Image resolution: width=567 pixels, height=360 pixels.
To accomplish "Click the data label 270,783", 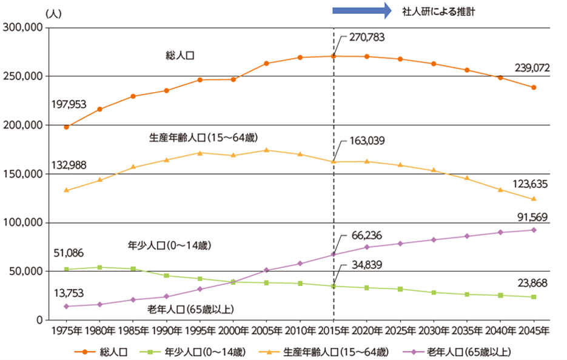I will (367, 37).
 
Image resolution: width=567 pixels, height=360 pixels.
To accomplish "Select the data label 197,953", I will (69, 105).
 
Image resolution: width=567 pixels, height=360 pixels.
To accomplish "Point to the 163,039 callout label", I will (367, 141).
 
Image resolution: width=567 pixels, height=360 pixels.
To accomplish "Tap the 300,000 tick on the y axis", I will (22, 27).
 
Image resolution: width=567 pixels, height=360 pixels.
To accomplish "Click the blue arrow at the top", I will (363, 10).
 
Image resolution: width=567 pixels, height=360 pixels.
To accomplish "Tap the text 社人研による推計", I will (438, 11).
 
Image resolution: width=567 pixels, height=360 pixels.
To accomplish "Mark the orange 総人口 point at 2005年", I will (266, 64).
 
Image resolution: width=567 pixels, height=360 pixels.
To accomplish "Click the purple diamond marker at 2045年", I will (534, 230).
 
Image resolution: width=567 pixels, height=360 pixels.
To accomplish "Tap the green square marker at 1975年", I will (66, 269).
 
